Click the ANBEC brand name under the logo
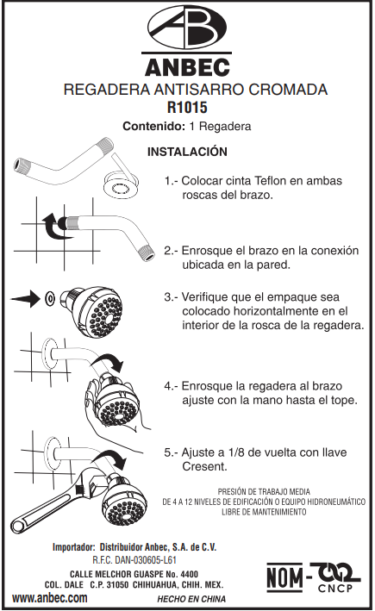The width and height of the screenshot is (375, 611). pos(187,67)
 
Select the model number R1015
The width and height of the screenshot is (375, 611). pos(187,108)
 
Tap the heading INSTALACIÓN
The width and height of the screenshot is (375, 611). pos(187,152)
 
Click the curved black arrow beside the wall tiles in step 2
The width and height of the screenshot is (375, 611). pos(54,226)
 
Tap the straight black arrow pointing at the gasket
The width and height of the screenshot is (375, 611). pos(25,299)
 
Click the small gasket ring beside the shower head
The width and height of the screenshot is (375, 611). pos(50,299)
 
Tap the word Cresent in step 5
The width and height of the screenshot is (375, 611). pos(204,466)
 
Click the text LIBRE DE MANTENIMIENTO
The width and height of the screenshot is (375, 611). pos(264,512)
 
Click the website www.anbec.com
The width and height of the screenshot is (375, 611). pos(50,598)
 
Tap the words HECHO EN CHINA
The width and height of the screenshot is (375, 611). pos(191,599)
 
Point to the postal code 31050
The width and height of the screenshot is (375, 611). pos(116,585)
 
